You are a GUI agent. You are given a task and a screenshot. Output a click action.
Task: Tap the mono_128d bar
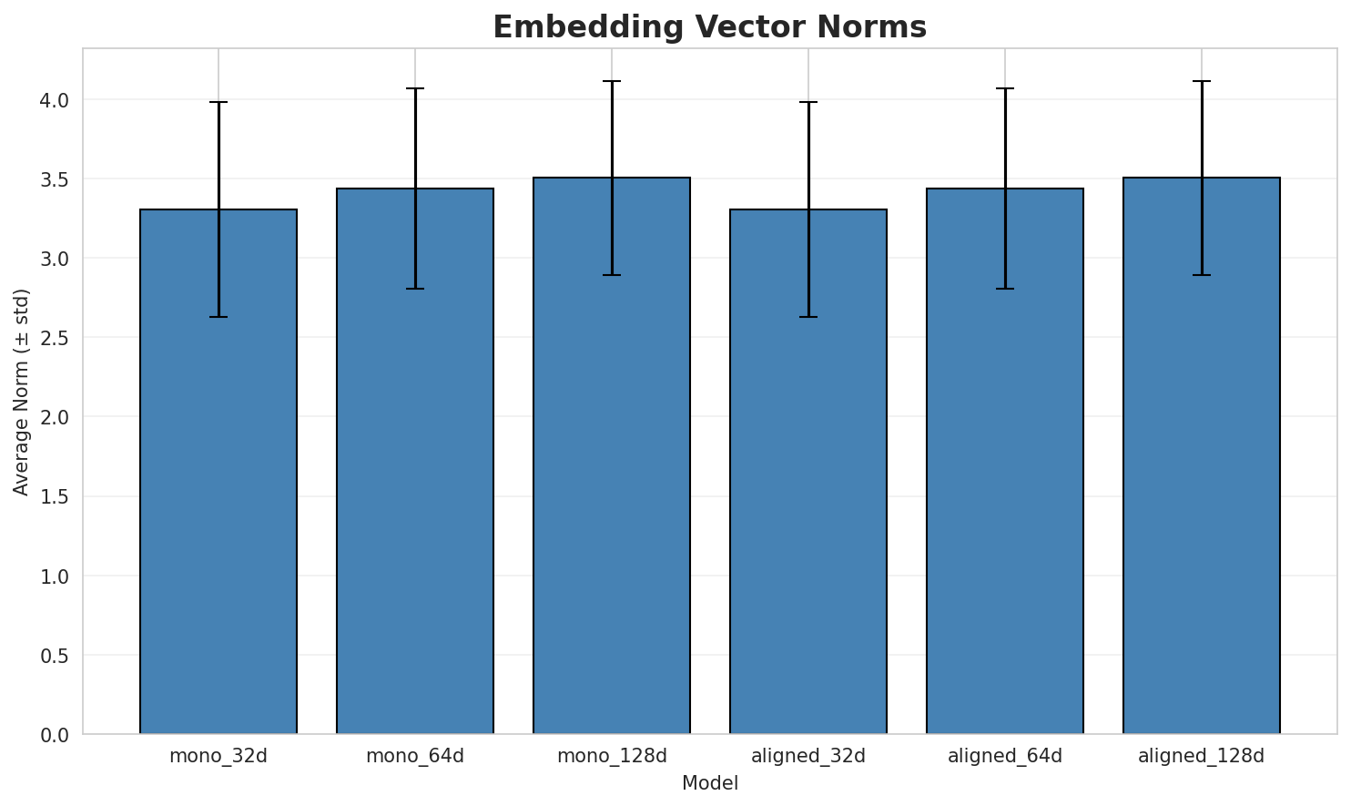click(612, 455)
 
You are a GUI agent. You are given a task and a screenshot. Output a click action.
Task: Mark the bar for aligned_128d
click(1202, 455)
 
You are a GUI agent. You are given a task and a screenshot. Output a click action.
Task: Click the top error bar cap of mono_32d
click(218, 102)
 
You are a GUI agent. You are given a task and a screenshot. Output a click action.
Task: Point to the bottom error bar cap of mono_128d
click(612, 275)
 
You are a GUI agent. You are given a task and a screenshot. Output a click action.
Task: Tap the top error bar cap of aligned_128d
click(1202, 81)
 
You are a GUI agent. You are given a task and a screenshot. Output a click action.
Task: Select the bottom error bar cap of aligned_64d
click(1005, 289)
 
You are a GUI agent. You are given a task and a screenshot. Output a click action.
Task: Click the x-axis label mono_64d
click(415, 756)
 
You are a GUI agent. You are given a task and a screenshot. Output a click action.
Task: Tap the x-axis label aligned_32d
click(808, 756)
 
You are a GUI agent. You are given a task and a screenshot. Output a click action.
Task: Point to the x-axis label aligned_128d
click(1202, 756)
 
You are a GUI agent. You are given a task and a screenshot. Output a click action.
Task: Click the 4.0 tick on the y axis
click(56, 99)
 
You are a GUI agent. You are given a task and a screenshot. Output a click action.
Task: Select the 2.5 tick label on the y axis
click(56, 338)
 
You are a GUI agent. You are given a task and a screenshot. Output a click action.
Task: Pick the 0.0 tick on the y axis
click(56, 734)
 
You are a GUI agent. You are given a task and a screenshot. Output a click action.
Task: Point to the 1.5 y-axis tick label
click(56, 496)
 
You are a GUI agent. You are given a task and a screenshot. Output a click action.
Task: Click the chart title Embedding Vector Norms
click(709, 26)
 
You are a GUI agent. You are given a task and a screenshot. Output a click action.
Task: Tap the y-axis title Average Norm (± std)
click(22, 392)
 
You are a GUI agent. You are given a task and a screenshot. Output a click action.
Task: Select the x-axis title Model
click(709, 783)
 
